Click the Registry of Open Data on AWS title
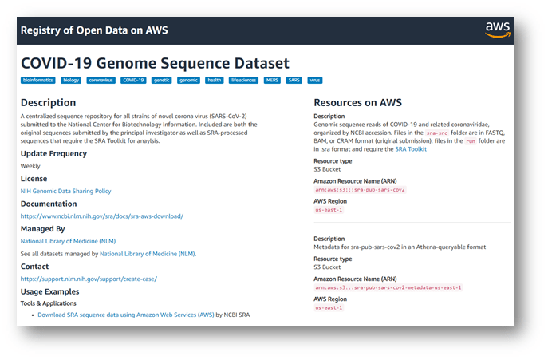coord(94,30)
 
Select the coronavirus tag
coord(101,80)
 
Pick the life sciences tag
coord(243,80)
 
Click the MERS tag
coord(272,80)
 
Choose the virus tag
coord(315,80)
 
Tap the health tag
coord(214,80)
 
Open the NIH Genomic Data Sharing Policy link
coord(65,191)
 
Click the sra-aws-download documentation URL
coord(102,216)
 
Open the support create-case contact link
coord(89,279)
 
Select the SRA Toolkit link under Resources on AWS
coord(412,149)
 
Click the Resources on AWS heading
coord(357,103)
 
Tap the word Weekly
coord(30,166)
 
